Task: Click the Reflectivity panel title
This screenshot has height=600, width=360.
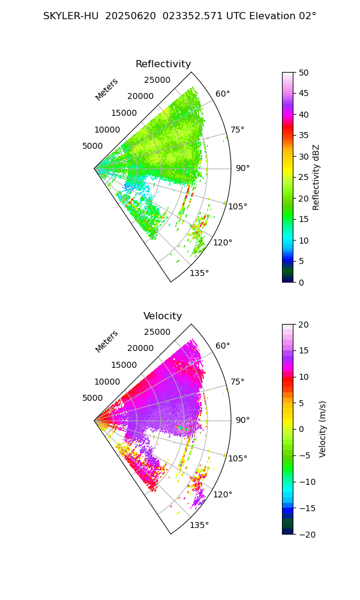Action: click(x=163, y=64)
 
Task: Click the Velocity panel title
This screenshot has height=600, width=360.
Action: click(x=163, y=316)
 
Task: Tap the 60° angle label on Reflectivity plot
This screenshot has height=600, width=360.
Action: click(x=223, y=94)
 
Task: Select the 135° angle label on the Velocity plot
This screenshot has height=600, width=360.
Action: click(x=199, y=525)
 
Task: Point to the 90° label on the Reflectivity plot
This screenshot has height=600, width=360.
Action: click(x=242, y=169)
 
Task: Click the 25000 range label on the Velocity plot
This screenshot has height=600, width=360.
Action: click(x=157, y=332)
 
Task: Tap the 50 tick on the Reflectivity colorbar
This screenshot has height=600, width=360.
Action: click(x=304, y=73)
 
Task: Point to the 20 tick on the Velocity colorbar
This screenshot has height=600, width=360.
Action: click(x=304, y=325)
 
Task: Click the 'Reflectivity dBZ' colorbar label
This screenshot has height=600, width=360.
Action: click(x=316, y=177)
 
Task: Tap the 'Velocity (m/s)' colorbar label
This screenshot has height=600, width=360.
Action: click(x=323, y=429)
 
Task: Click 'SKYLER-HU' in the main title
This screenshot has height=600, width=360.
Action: click(x=71, y=16)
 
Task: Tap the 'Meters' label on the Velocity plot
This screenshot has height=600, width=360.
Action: click(x=107, y=341)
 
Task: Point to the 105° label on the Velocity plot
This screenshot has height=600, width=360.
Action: click(x=238, y=458)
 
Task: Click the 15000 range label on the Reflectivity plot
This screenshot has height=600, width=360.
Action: click(x=124, y=113)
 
